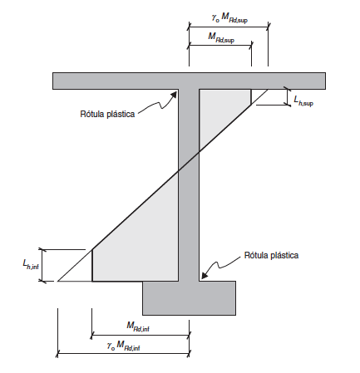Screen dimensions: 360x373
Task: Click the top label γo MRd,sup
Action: tap(229, 18)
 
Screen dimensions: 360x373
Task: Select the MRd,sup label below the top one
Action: tap(221, 37)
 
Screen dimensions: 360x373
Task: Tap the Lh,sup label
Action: tap(303, 101)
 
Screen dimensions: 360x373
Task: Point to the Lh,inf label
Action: tap(31, 265)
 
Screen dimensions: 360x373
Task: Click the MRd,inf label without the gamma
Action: tap(138, 326)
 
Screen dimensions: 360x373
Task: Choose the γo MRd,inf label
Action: tap(123, 346)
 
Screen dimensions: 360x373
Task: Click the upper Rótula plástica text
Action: tap(107, 114)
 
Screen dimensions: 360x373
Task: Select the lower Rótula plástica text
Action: tap(271, 255)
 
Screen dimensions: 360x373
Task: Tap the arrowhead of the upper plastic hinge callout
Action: tap(174, 95)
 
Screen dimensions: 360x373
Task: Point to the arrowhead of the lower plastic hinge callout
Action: tap(205, 275)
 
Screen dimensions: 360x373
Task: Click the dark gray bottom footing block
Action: tap(190, 298)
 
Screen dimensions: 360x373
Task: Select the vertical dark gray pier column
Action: tap(189, 185)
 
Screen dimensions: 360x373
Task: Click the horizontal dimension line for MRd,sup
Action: tap(220, 45)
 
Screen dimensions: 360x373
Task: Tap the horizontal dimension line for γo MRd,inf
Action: tap(123, 353)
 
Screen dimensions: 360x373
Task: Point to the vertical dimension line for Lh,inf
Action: tap(42, 265)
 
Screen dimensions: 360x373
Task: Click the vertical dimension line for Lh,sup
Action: tap(288, 97)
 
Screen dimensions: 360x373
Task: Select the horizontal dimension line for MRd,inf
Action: tap(141, 335)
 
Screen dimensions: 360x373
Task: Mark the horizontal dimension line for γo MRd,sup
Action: tap(229, 27)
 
